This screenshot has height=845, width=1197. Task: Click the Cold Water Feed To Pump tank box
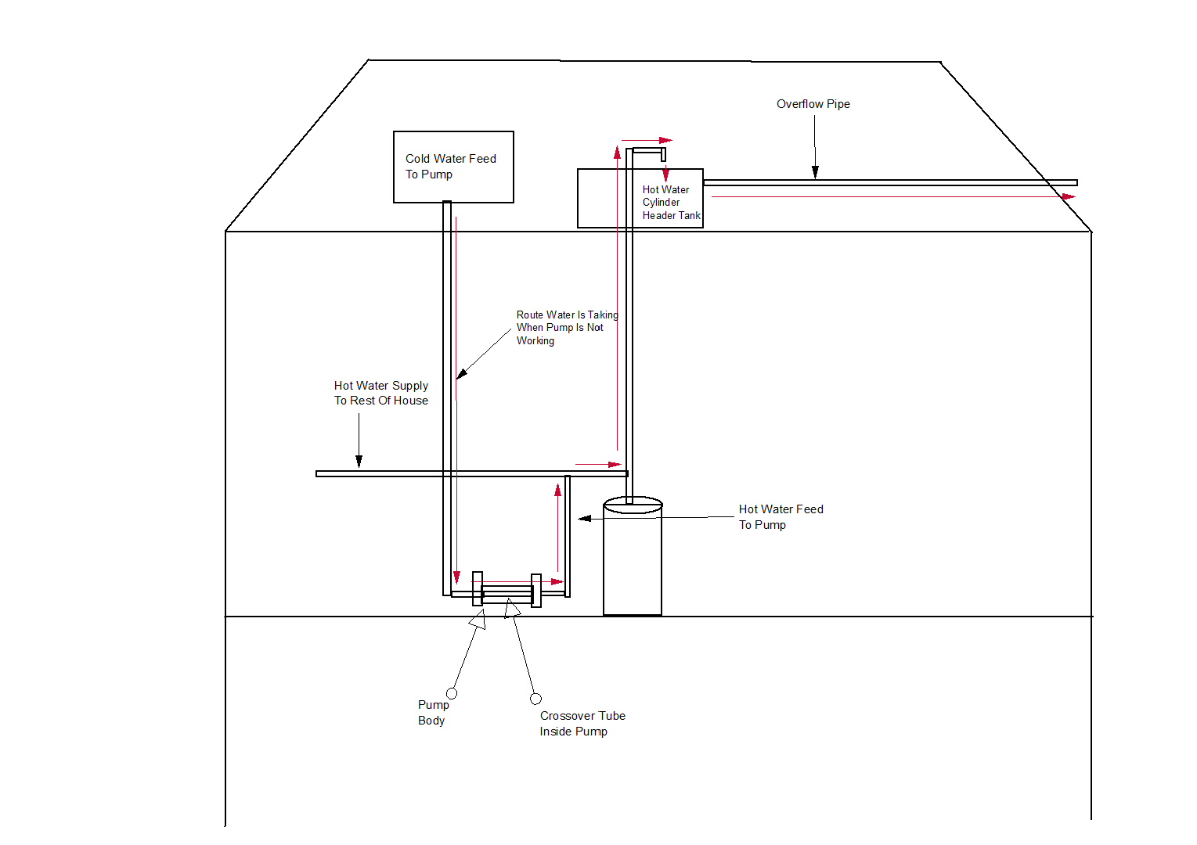(453, 167)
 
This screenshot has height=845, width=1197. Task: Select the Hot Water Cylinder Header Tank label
(671, 203)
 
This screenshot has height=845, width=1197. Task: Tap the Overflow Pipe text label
(813, 104)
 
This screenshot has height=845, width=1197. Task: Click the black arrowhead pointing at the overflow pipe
(815, 172)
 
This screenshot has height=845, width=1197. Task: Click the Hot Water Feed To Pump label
(781, 517)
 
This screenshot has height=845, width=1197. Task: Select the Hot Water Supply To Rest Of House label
(381, 393)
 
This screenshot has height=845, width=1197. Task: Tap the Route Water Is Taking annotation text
(566, 328)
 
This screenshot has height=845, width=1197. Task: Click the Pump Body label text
(432, 713)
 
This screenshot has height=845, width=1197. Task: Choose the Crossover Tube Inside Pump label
(582, 724)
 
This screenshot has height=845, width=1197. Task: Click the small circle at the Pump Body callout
(452, 693)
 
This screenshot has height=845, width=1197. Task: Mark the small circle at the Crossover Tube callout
(535, 699)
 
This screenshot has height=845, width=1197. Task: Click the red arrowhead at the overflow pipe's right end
(1069, 196)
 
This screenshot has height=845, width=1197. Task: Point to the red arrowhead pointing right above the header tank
(665, 141)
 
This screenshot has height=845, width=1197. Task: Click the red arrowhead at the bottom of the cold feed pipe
(456, 577)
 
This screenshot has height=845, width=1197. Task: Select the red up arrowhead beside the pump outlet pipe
(558, 491)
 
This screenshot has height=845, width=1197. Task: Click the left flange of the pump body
(478, 588)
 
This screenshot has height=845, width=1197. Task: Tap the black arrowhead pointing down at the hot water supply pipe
(359, 462)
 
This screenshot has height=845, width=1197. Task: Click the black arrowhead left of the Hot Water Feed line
(584, 518)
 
